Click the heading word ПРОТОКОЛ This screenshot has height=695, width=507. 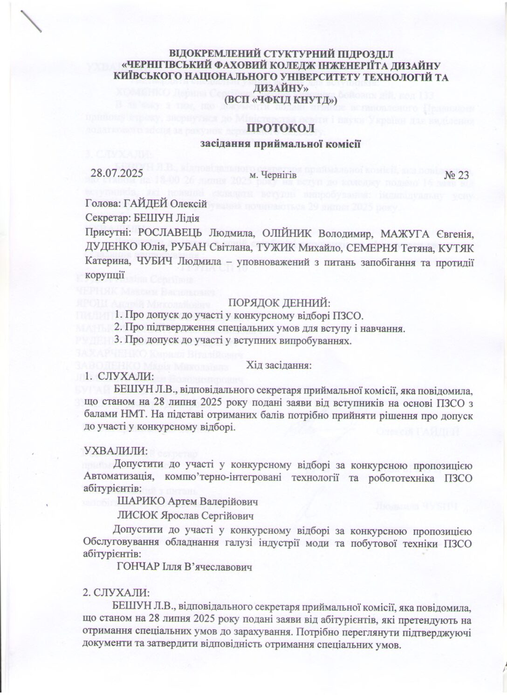pyautogui.click(x=280, y=127)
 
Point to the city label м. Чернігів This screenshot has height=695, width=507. pyautogui.click(x=273, y=175)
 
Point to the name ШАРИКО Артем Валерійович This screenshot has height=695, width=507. pyautogui.click(x=187, y=502)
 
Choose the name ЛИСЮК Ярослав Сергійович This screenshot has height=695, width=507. pyautogui.click(x=185, y=516)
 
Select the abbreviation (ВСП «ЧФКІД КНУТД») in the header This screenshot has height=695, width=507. pyautogui.click(x=281, y=99)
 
